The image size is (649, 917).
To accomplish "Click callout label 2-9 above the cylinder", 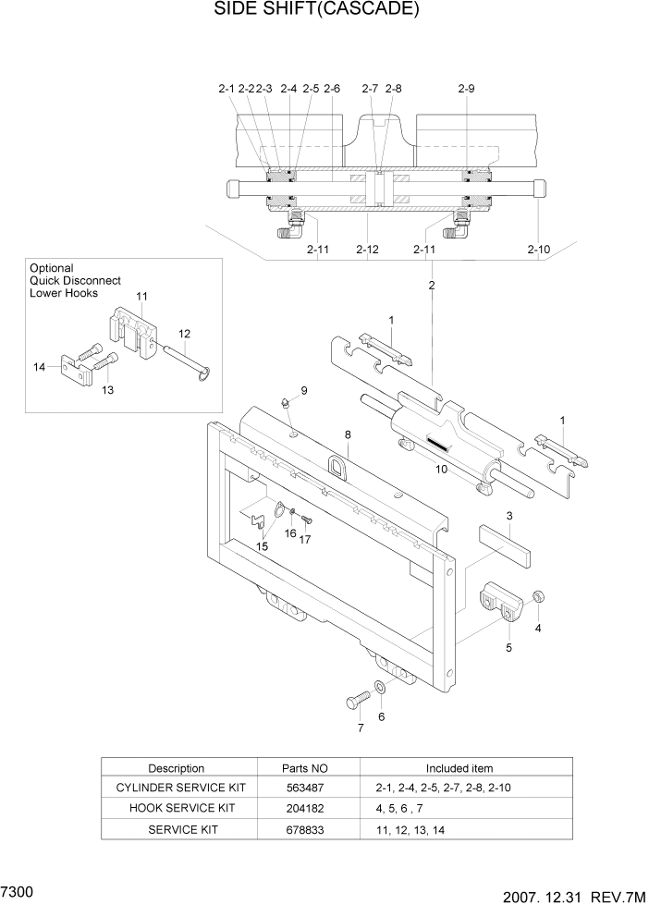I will point(466,89).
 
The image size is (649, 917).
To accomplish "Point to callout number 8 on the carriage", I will point(348,434).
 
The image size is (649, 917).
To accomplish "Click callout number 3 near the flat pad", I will point(508,515).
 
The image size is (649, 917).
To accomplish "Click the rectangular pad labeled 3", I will point(506,545).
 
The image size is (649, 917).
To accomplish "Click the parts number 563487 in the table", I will point(304,788).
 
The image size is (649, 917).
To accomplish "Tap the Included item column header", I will point(459,768).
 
